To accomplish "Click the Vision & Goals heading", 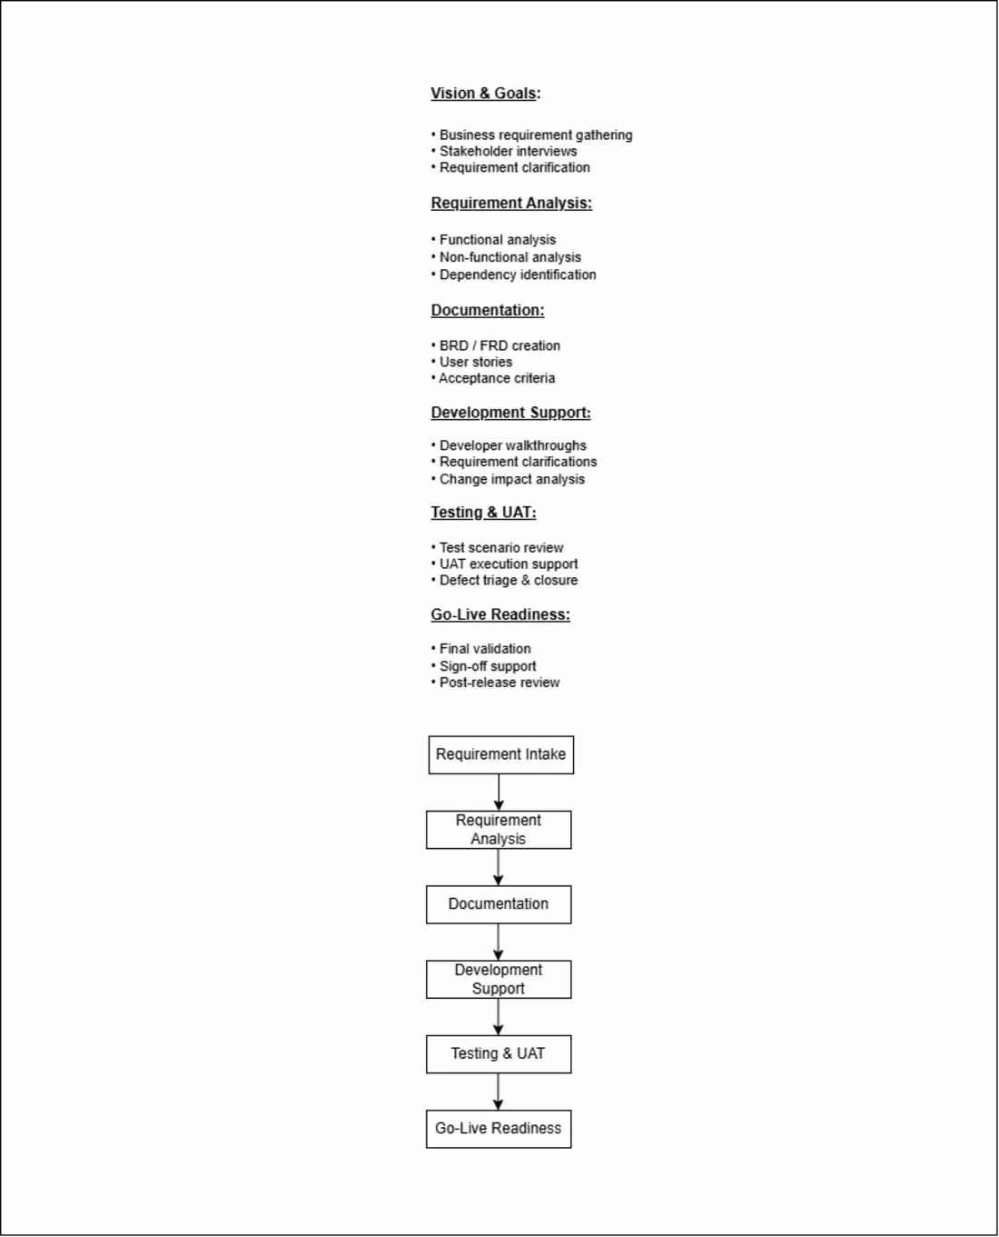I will point(485,94).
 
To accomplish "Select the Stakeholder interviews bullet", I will point(508,152).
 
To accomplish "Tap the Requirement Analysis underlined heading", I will point(510,204).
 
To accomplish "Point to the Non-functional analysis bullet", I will point(509,257).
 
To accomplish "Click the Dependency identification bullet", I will point(517,274).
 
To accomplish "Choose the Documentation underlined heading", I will point(487,311).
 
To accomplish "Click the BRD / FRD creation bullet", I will point(499,346).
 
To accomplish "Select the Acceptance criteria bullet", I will point(496,379).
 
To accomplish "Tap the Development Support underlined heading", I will point(510,413).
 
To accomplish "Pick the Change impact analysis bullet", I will point(511,480).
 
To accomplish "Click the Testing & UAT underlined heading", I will point(483,513).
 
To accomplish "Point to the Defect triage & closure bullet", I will point(508,581).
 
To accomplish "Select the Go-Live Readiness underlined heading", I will point(499,615).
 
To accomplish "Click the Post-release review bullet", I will point(499,683).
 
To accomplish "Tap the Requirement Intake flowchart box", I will point(500,755).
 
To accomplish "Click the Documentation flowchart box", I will point(499,905).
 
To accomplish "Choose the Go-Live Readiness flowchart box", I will point(499,1129).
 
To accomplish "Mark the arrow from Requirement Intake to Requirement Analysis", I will point(499,793).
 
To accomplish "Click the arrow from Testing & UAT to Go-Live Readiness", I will point(498,1092).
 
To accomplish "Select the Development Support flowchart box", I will point(499,980).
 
